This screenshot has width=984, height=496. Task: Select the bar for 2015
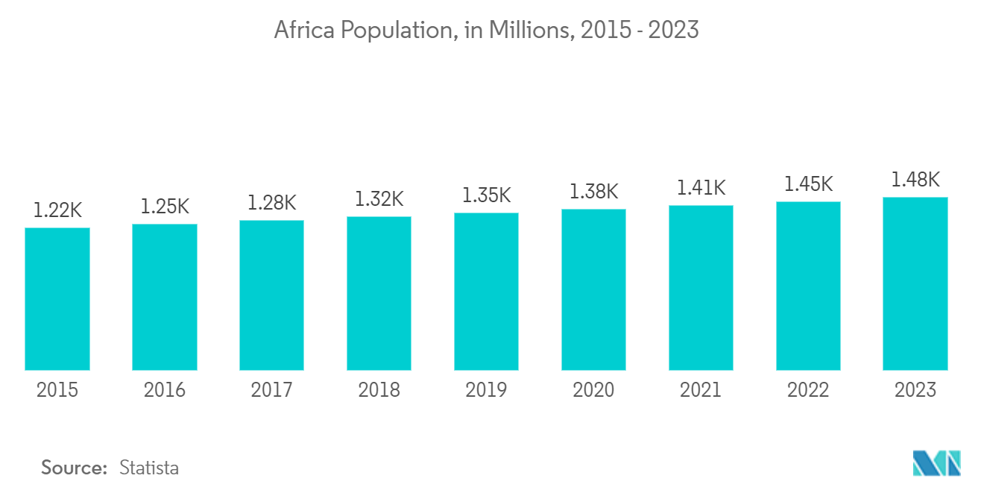point(57,298)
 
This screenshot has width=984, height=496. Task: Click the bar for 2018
point(379,293)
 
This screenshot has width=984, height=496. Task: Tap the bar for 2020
point(593,289)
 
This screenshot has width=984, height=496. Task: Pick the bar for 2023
point(915,283)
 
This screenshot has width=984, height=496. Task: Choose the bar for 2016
point(165,297)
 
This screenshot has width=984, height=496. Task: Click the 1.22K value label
point(57,210)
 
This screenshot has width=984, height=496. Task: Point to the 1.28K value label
point(272,202)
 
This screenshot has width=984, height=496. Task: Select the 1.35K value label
point(486,195)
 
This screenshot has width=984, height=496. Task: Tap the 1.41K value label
point(701,188)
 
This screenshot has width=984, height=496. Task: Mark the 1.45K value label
point(808,184)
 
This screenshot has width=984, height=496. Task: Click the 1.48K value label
point(915,180)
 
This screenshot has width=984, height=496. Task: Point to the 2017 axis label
point(272,390)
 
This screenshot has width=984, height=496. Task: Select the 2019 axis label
point(486,390)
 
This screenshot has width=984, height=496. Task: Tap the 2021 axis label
point(701,390)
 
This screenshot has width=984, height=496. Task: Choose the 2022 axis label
point(808,390)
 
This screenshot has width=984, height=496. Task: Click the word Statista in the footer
point(149,468)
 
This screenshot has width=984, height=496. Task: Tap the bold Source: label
point(75,468)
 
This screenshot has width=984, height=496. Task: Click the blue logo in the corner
point(937,463)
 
